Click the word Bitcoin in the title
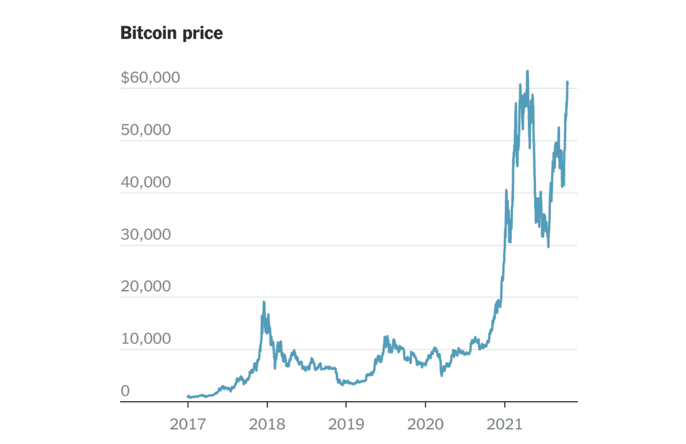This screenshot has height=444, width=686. coord(149,33)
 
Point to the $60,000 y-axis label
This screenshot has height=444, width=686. coord(150,77)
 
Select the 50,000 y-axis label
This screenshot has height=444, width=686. coord(146,130)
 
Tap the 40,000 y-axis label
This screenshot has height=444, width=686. coord(146,182)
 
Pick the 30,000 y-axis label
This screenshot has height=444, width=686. coord(146,235)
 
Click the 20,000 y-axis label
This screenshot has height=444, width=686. coord(146,287)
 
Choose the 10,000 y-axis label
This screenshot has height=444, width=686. coord(146,339)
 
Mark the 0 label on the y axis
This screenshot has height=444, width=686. coord(125,391)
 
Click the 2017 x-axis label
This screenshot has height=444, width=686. coord(188,424)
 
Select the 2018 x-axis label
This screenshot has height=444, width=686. coord(267,424)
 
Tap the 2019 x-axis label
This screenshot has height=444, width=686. coord(346,424)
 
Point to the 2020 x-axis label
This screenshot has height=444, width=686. coord(425,424)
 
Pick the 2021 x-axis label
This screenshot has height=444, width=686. coord(504,424)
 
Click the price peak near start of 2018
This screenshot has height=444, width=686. coord(264,302)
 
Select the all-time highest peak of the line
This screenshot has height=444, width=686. coord(527,71)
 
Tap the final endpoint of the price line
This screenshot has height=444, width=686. coord(567,82)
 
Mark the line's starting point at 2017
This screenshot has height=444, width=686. coord(188,396)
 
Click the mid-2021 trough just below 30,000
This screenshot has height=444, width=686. coord(548,246)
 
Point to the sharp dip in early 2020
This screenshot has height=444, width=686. coord(442,375)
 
